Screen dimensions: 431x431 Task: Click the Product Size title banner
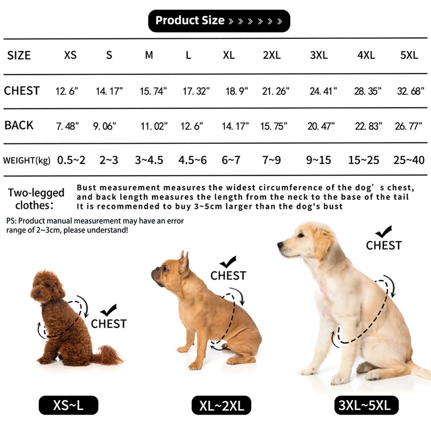pos(219,21)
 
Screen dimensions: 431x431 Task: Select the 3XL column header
pos(319,55)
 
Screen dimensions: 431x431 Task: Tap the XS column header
pos(70,55)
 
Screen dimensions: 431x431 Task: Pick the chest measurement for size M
pos(153,91)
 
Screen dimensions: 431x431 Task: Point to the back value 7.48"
pos(67,126)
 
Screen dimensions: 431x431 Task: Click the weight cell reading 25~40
pos(409,160)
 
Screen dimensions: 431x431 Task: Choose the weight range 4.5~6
pos(193,160)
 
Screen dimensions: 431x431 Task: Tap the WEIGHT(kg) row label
pos(27,161)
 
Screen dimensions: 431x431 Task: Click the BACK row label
pos(19,125)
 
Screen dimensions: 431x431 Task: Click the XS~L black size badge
pos(69,405)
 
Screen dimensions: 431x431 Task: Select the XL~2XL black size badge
pos(222,405)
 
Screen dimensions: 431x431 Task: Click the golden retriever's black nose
pos(280,245)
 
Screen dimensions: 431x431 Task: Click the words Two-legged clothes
pos(36,198)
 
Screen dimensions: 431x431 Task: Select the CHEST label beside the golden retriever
pos(384,245)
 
